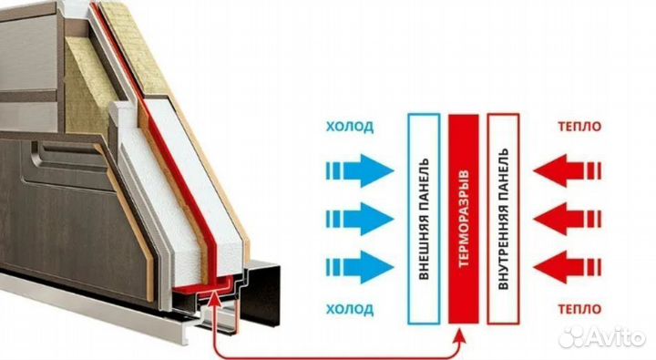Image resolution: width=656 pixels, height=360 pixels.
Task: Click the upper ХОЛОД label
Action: click(x=350, y=127)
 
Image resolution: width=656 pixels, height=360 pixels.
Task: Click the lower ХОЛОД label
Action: click(x=350, y=309)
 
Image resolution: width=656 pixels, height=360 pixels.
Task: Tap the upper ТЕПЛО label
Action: click(x=579, y=126)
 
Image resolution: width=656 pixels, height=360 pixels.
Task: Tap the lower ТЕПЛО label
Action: click(x=579, y=309)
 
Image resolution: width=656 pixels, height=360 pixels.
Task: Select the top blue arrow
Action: click(x=360, y=170)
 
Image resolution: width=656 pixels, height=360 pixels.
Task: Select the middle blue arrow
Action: click(x=360, y=219)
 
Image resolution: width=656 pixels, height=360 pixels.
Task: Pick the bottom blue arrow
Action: click(x=360, y=267)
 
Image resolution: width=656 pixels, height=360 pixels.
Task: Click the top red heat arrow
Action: click(x=568, y=170)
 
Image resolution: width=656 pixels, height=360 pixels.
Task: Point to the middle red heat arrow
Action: click(x=568, y=219)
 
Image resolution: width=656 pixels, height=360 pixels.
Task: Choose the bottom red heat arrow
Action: click(x=568, y=267)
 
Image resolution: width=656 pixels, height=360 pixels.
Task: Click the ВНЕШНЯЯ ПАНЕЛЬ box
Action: click(x=424, y=219)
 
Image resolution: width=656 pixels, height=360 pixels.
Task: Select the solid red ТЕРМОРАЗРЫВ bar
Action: click(x=464, y=219)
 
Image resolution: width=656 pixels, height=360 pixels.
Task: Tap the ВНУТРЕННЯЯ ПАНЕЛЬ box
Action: click(x=503, y=219)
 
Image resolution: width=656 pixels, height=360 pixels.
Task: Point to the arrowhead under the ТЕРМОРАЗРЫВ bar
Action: click(x=460, y=334)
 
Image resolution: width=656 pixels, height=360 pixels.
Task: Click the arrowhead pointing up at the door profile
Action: click(x=214, y=298)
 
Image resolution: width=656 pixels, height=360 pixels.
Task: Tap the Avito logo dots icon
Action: click(x=572, y=335)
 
